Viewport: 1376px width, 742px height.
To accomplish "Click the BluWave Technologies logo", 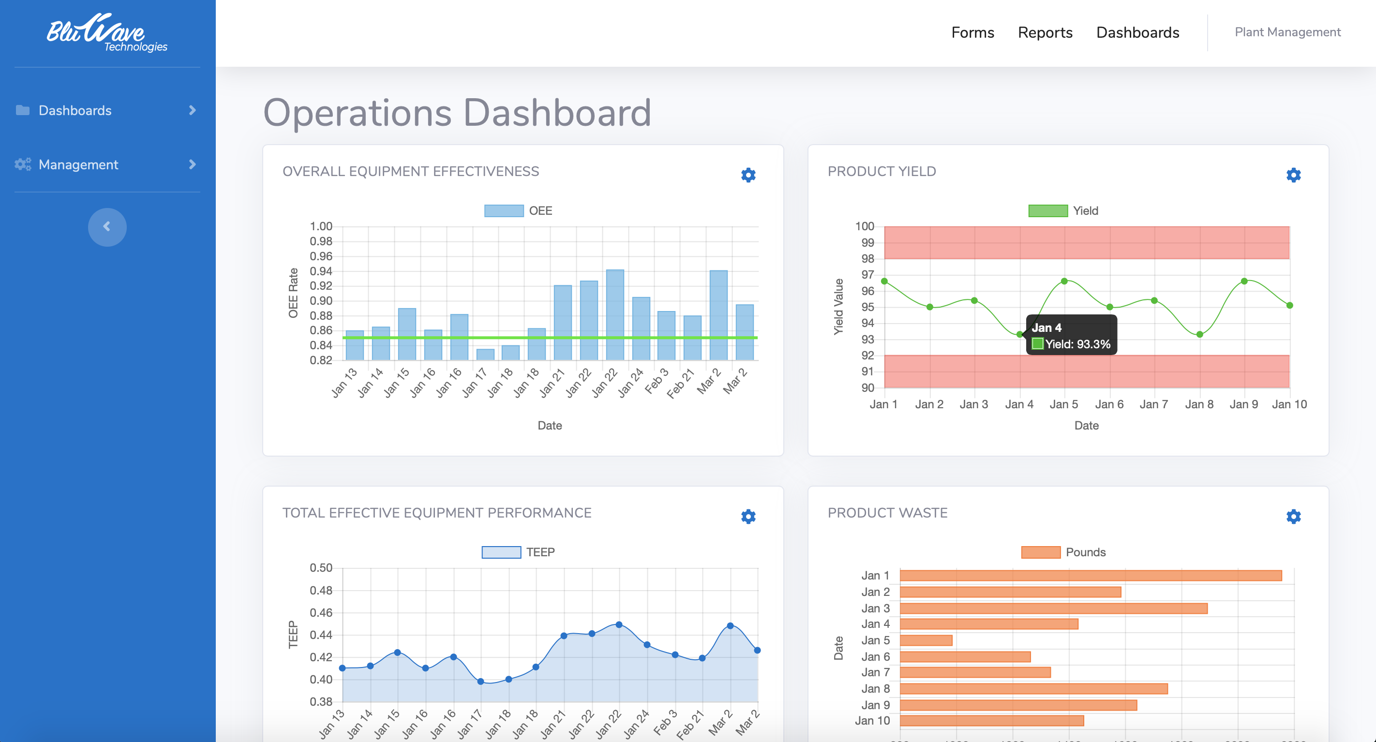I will [107, 33].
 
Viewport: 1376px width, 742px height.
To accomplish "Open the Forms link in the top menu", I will [972, 32].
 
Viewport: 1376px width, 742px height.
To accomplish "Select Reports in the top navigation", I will [1045, 32].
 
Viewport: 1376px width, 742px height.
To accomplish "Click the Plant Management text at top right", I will [1287, 32].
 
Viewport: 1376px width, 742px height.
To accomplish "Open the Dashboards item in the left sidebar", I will [75, 111].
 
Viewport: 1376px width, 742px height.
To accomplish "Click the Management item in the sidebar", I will [78, 164].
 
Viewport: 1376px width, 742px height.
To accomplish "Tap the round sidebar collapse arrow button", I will [107, 227].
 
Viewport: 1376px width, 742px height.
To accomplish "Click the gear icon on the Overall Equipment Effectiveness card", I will [748, 175].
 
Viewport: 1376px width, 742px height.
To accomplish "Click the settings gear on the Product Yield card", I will [1293, 175].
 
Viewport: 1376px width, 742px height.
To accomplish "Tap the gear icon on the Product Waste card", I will [1293, 516].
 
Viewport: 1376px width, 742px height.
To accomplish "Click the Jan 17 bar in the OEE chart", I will [485, 354].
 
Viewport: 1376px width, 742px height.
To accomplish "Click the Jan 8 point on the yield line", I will [1200, 334].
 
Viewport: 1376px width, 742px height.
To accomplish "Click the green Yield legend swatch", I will [1047, 210].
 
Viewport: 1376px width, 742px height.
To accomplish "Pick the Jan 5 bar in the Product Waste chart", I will [926, 640].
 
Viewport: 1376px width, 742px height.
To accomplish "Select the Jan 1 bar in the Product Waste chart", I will [1090, 575].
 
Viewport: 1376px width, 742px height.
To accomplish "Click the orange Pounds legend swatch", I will [1040, 552].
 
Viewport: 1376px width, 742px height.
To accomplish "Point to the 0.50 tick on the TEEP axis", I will [321, 567].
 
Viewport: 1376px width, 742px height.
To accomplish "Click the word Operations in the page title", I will [358, 113].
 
